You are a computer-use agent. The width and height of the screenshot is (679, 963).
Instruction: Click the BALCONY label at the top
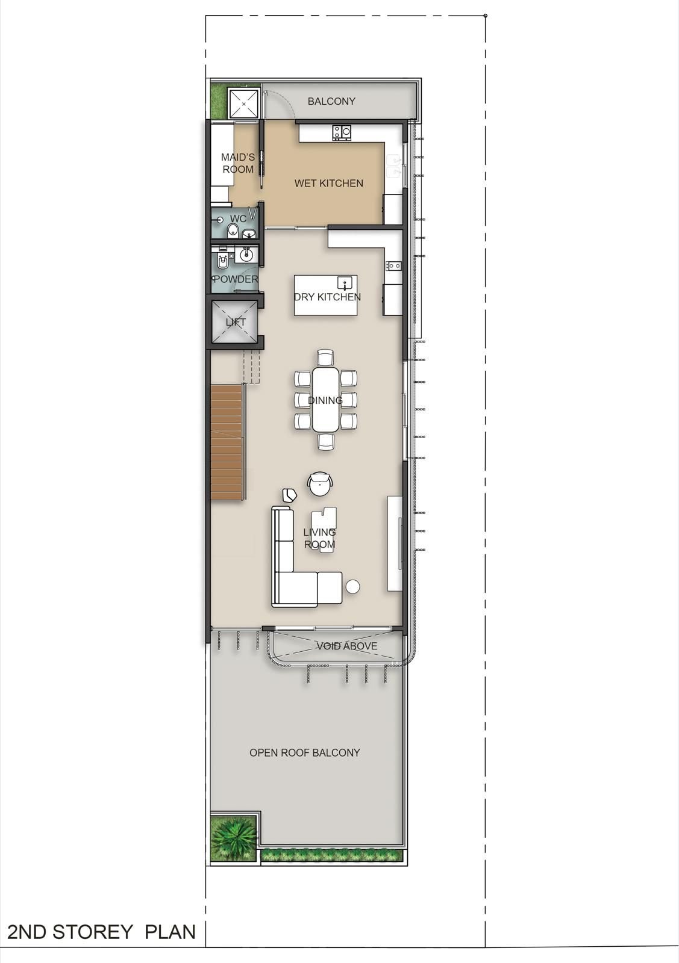coord(331,102)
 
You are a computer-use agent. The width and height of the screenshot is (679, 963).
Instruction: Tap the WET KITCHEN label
coord(329,183)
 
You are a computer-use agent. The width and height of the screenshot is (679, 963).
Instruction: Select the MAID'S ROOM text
coord(238,163)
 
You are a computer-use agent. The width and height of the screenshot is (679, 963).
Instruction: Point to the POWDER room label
coord(236,279)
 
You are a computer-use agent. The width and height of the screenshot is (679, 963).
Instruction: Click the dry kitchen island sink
coord(345,283)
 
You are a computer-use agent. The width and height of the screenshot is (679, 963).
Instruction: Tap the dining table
coord(326,399)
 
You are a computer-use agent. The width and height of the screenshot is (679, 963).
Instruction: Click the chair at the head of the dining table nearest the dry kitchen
coord(326,358)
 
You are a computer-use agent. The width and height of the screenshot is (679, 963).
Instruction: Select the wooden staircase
coord(227,442)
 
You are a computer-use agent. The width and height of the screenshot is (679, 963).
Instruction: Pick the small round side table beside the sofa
coord(353,587)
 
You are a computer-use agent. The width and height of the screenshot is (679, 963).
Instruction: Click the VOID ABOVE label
coord(347,646)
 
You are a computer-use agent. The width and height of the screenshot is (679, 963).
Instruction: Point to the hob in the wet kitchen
coord(342,132)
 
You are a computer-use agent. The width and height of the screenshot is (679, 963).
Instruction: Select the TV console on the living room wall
coord(395,543)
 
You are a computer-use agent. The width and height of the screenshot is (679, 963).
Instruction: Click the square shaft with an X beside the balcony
coord(243,104)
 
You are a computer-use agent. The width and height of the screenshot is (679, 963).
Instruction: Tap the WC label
coord(238,218)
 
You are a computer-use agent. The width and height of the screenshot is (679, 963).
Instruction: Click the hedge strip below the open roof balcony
coord(332,855)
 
